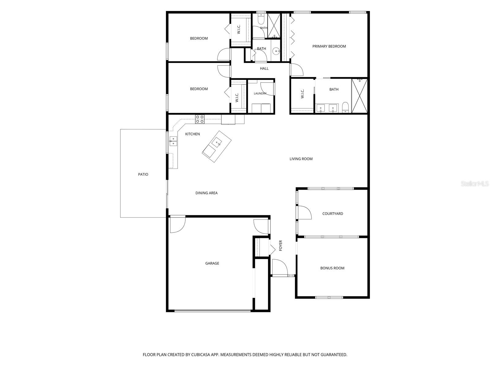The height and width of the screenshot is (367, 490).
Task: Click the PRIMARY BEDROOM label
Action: point(329,46)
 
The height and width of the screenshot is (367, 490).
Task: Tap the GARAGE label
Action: point(212,263)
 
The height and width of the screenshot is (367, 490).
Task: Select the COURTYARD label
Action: point(332,213)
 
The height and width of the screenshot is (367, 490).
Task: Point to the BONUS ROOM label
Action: point(332,268)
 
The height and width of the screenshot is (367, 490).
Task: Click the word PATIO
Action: point(143,174)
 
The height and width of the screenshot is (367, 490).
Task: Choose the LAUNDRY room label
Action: point(260,93)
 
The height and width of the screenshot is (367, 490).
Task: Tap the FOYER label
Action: point(281,245)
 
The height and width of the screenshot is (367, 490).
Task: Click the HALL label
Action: point(264,69)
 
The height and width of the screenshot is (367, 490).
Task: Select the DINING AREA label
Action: point(206,193)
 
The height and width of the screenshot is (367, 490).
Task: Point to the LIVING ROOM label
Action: point(301,159)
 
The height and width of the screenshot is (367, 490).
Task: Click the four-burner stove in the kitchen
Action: point(200,119)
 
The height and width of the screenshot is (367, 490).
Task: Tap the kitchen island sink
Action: point(217,143)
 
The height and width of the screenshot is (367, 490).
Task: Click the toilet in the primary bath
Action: point(345,107)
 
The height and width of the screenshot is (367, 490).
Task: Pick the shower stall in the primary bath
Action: point(360,96)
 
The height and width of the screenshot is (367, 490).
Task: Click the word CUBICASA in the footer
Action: point(201,354)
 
